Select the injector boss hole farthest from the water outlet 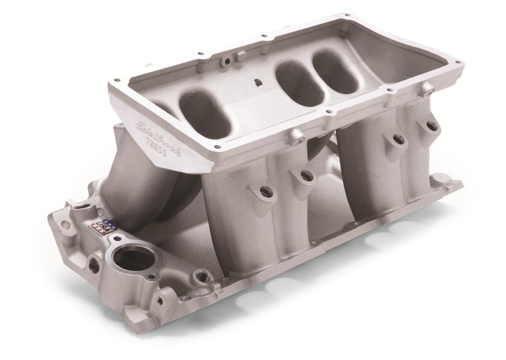(431, 125)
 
